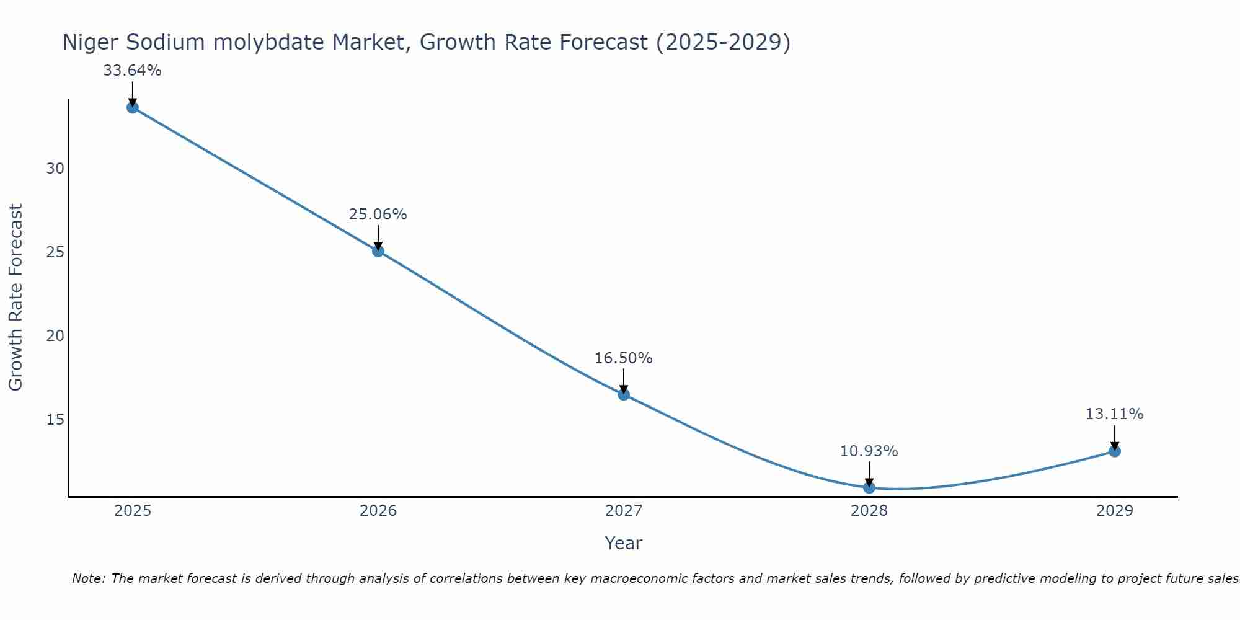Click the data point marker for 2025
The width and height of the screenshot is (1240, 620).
(133, 107)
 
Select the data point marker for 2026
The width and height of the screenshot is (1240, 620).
(378, 251)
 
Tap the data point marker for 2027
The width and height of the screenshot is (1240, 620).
(624, 394)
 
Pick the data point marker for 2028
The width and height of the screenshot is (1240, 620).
(869, 488)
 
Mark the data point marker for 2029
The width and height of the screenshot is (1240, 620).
(1115, 451)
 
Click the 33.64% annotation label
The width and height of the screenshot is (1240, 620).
(132, 71)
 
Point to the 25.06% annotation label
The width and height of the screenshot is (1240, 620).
(378, 215)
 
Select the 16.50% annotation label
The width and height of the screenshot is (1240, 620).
(623, 358)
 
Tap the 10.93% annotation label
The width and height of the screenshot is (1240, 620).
(869, 451)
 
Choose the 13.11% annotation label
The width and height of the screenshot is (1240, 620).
(1114, 414)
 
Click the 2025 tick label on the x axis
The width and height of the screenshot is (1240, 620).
(133, 511)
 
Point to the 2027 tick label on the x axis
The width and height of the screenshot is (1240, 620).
(624, 511)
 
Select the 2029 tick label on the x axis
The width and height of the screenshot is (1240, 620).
(1115, 511)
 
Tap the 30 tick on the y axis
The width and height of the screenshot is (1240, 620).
(55, 169)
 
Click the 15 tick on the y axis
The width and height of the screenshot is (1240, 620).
(55, 420)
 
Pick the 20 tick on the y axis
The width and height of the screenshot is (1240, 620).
(55, 336)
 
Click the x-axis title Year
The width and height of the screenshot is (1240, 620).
(623, 543)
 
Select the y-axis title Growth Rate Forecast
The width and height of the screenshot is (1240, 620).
(15, 298)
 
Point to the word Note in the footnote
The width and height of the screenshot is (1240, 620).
(89, 578)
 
